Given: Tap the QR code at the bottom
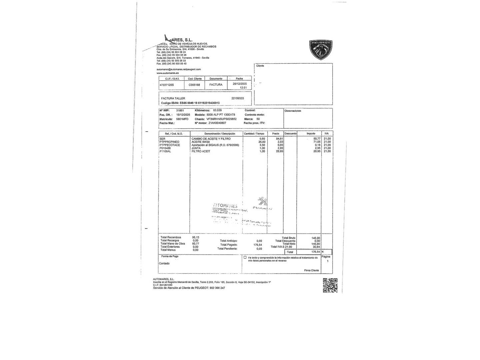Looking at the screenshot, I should tap(330, 285).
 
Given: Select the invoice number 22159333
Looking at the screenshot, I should tap(238, 98).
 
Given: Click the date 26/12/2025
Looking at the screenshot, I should tap(240, 84).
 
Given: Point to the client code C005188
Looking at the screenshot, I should tap(194, 85).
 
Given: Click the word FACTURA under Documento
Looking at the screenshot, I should tap(216, 85).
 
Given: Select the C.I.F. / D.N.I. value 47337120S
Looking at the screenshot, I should tap(167, 85).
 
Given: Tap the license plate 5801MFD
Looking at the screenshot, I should tap(182, 119).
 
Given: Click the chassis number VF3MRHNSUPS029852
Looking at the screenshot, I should tap(221, 119).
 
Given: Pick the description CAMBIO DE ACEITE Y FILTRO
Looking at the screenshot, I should tap(211, 139).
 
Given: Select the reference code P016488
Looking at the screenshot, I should tap(165, 148).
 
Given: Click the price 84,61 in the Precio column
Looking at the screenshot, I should tap(280, 139).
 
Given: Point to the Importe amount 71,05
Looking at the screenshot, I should tap(317, 142).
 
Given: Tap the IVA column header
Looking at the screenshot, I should tap(327, 134).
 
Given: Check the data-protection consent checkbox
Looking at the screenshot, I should tap(245, 258).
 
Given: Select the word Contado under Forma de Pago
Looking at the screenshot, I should tap(164, 263).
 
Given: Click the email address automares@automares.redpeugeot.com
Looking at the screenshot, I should tap(179, 69).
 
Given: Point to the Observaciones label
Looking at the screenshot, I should tap(293, 111).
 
